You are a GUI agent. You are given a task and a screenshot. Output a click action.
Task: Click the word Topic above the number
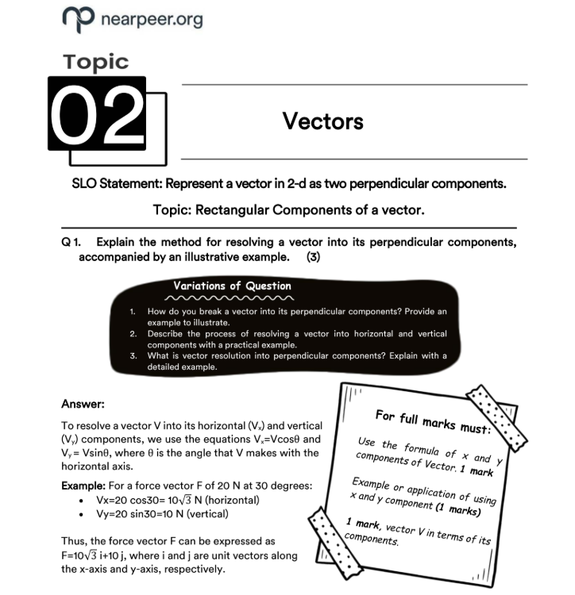95,61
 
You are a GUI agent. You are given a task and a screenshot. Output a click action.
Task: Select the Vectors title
323,121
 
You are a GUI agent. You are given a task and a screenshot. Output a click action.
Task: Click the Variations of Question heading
232,286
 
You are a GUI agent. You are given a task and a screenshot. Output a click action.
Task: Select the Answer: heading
83,404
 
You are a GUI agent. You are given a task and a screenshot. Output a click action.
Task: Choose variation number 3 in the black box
134,356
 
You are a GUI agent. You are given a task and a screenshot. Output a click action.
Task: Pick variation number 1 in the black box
133,311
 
